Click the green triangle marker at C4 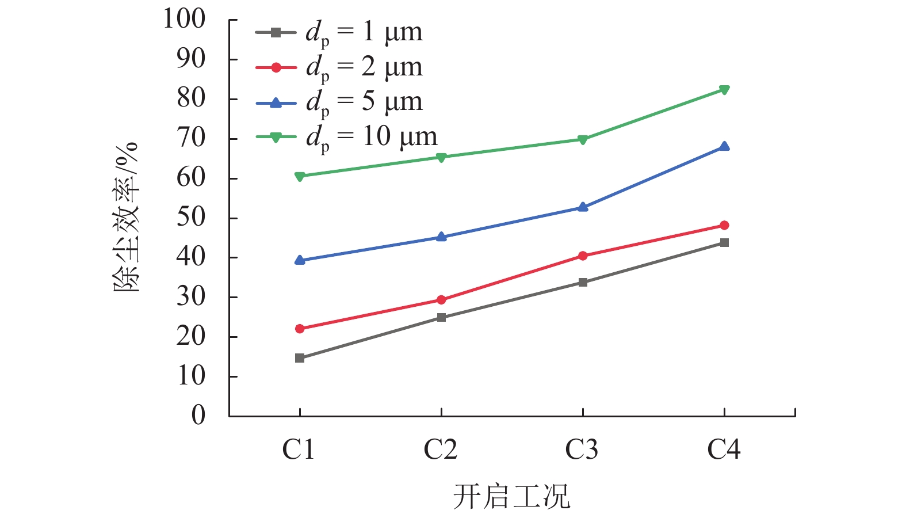click(x=724, y=90)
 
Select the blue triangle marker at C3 click(x=583, y=207)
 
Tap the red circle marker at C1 click(x=300, y=329)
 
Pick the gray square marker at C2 click(x=441, y=317)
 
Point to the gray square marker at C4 click(x=724, y=243)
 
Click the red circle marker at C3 click(x=583, y=256)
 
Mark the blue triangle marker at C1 click(x=300, y=260)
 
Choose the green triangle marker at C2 click(x=441, y=157)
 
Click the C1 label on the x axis click(x=299, y=450)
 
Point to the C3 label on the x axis click(x=582, y=450)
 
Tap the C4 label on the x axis click(x=724, y=450)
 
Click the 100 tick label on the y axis click(x=184, y=19)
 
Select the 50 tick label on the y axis click(x=191, y=218)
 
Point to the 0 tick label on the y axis click(x=198, y=415)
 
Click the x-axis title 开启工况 click(x=511, y=496)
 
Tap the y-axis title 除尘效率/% click(x=126, y=217)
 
